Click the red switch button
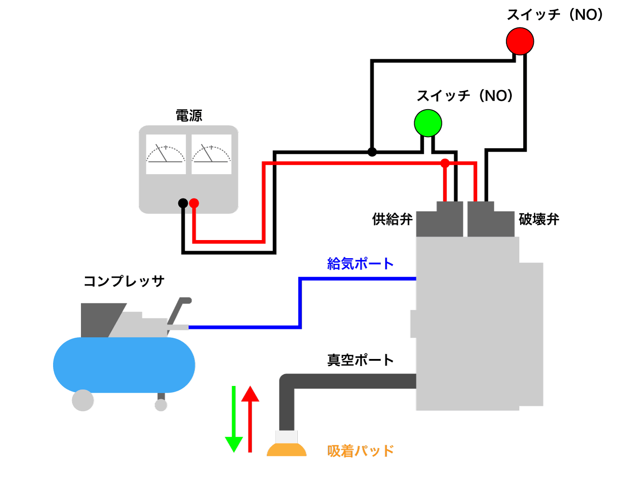pos(520,41)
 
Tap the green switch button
pos(428,123)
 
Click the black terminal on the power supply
pos(183,203)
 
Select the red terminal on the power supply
pos(194,203)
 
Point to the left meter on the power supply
pos(165,154)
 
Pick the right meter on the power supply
pos(211,154)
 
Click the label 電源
pos(189,116)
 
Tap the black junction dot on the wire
pos(372,152)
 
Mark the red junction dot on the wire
pos(445,163)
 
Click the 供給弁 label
pos(392,219)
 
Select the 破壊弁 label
pos(539,219)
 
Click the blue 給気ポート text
pos(360,264)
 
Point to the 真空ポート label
pos(360,360)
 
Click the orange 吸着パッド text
pos(360,451)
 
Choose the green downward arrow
pos(234,420)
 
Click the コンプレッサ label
pos(124,281)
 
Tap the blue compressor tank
pos(124,365)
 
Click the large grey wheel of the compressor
pos(83,400)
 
